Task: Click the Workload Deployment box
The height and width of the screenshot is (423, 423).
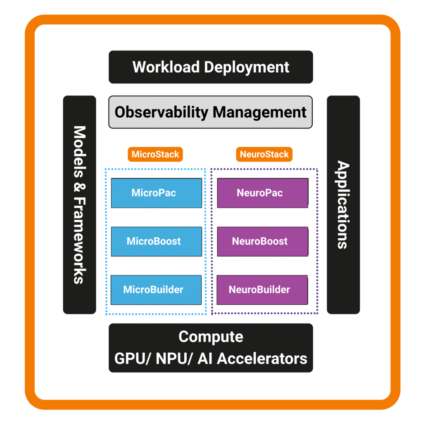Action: (x=211, y=67)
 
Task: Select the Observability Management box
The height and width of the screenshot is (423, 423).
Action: (x=211, y=112)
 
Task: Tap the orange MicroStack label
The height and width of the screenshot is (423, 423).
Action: (x=155, y=154)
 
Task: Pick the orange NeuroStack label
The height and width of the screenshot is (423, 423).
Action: (x=264, y=154)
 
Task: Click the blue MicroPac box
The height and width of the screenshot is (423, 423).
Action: (x=157, y=193)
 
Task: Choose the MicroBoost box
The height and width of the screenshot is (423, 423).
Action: (x=157, y=241)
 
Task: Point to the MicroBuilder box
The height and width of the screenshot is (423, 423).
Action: (x=157, y=290)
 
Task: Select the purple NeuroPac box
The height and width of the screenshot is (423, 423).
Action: (x=262, y=193)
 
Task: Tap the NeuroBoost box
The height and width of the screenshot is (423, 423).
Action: (x=262, y=241)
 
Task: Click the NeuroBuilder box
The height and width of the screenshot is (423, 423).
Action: (x=262, y=290)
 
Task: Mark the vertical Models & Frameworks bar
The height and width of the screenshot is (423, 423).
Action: (x=79, y=205)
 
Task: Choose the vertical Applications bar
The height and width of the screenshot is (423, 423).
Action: (x=343, y=205)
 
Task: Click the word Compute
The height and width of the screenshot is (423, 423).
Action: (x=211, y=337)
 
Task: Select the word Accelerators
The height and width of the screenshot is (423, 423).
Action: (x=262, y=358)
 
